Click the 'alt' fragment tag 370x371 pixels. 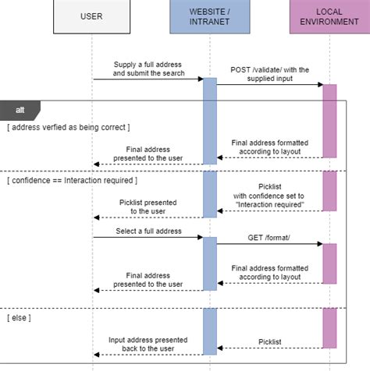click(20, 110)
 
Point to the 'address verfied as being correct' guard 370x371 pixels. click(69, 127)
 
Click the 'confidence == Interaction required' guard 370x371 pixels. click(73, 181)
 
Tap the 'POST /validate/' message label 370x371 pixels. click(270, 74)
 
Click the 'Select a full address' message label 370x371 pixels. click(148, 231)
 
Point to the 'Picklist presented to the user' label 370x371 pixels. click(148, 207)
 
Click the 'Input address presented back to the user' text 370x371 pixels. click(148, 344)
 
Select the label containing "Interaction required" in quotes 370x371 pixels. click(270, 200)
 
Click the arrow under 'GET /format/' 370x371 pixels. click(270, 244)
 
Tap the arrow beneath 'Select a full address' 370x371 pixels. click(148, 237)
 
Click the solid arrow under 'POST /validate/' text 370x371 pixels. click(270, 85)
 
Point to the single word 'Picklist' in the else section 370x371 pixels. click(270, 341)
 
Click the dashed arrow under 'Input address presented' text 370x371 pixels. click(148, 357)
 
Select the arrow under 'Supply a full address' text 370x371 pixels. click(148, 79)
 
